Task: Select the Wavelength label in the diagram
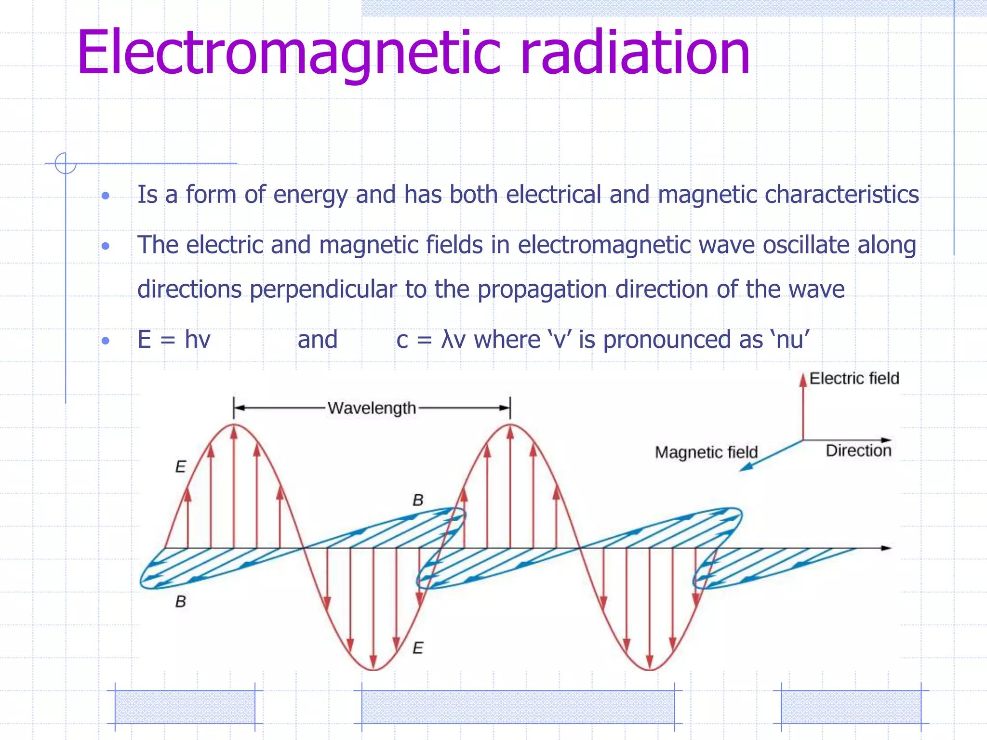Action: (x=372, y=408)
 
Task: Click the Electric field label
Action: (x=854, y=378)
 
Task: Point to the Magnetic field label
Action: (x=706, y=452)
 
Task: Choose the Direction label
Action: (x=858, y=450)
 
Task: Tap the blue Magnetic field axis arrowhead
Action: (x=744, y=467)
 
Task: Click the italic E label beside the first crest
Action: (x=180, y=466)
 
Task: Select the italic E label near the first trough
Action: (x=418, y=648)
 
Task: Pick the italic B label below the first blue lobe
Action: (x=180, y=601)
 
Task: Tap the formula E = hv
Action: (x=174, y=340)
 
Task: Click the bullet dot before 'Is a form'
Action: (x=106, y=196)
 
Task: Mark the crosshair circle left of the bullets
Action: (x=65, y=163)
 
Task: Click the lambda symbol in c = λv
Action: (x=447, y=340)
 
